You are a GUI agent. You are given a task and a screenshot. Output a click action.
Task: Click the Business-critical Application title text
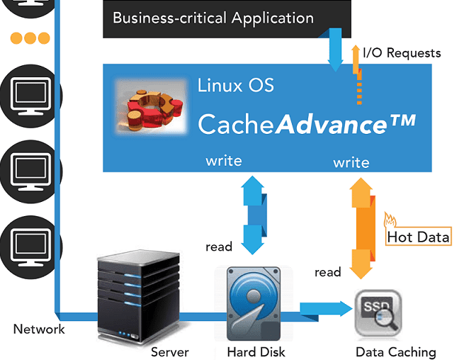tap(213, 18)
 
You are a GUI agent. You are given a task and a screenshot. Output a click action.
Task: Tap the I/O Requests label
tap(401, 53)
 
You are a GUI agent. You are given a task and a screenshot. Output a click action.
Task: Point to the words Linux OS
tap(235, 86)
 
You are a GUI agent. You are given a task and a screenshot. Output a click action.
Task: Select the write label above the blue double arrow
tap(224, 161)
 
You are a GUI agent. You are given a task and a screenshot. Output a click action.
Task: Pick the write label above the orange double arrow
tap(351, 162)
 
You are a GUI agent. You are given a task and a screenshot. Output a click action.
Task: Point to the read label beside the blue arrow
tap(219, 247)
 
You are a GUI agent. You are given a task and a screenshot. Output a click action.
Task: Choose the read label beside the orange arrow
tap(328, 272)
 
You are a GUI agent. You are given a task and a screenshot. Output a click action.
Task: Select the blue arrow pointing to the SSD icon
tap(327, 308)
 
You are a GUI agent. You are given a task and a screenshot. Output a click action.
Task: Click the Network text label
tap(39, 329)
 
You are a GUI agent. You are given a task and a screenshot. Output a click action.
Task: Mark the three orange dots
tap(29, 38)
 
